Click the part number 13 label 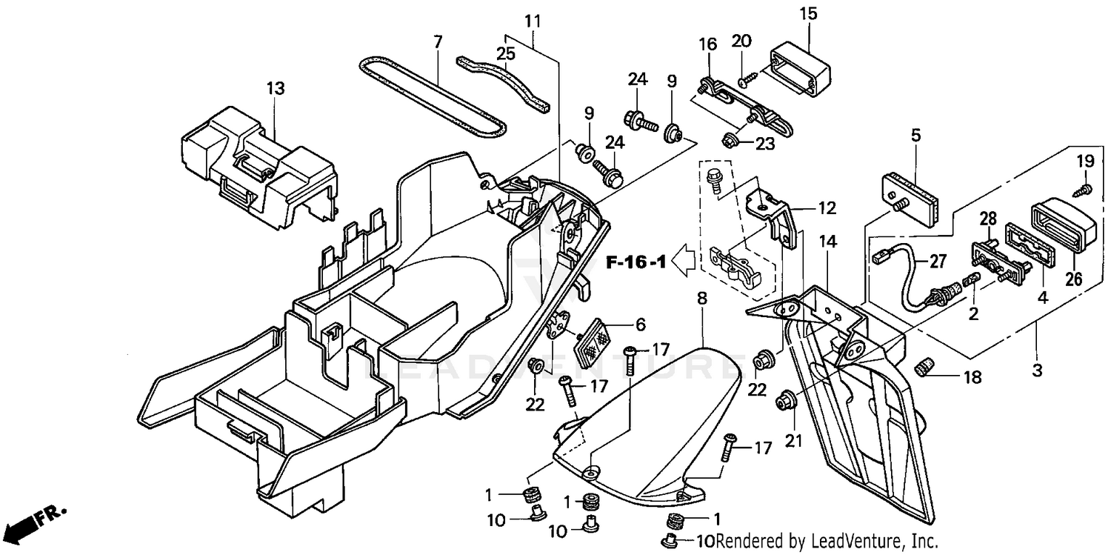click(276, 89)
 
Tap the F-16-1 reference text click(636, 262)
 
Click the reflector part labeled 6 click(593, 341)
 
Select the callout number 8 click(702, 299)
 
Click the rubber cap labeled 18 click(926, 365)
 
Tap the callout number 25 click(505, 53)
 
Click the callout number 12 click(827, 208)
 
